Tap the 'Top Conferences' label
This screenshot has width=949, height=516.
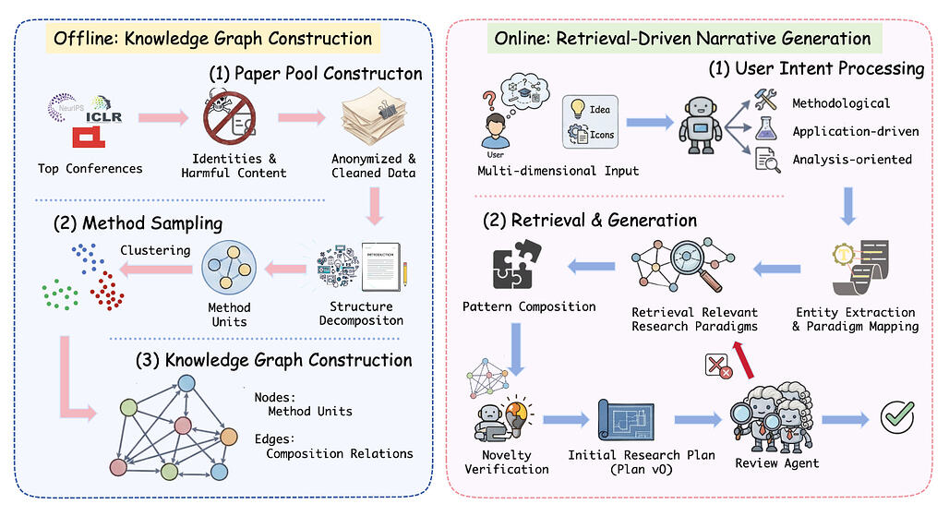coord(90,168)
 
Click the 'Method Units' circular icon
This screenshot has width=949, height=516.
coord(229,266)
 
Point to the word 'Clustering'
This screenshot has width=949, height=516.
coord(155,249)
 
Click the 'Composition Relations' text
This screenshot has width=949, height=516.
coord(340,453)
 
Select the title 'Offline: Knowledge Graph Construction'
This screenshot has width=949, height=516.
coord(212,39)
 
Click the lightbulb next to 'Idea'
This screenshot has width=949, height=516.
coord(578,111)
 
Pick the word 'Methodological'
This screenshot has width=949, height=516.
coord(841,102)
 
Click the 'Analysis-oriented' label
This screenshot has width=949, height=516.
coord(852,160)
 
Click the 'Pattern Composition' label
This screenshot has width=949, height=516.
coord(529,306)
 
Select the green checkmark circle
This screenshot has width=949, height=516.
coord(896,417)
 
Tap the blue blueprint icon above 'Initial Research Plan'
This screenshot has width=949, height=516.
coord(631,419)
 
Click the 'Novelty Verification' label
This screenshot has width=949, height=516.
coord(508,462)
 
